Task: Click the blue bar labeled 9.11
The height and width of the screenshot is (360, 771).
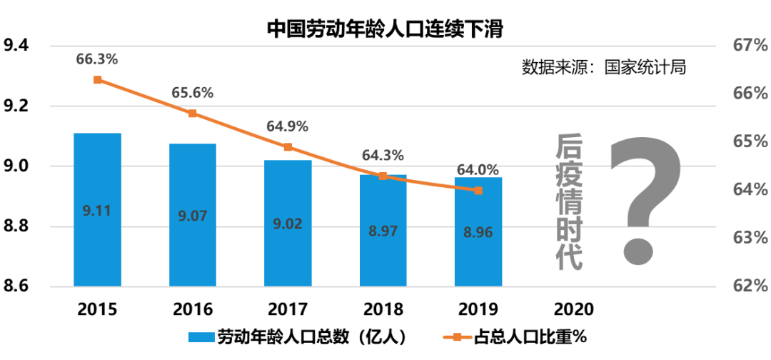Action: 97,209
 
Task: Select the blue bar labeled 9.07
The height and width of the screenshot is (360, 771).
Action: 193,214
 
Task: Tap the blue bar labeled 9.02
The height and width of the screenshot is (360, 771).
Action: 288,223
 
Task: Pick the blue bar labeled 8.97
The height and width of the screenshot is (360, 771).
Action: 383,230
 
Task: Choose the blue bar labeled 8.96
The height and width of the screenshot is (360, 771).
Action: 478,231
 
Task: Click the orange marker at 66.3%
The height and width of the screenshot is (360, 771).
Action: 98,80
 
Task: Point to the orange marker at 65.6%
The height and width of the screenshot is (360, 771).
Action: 193,114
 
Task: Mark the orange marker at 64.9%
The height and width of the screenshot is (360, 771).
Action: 288,147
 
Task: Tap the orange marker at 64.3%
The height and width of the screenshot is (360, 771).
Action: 383,175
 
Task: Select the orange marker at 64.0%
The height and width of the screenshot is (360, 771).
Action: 478,190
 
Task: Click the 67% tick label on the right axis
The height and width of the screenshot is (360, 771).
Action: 750,46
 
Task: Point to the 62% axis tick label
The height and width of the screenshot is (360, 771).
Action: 750,286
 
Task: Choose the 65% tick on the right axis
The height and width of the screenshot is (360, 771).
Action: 750,141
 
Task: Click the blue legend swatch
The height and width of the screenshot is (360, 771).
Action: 201,337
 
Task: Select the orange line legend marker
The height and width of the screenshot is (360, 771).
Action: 457,337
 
